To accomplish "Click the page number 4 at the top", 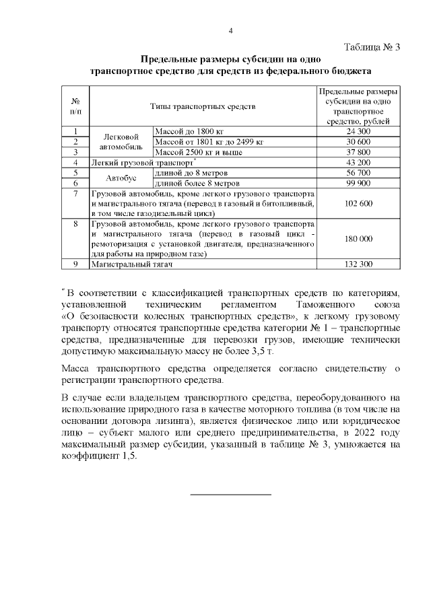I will click(231, 31).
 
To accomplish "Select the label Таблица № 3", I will click(372, 47).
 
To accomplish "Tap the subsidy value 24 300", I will click(358, 132).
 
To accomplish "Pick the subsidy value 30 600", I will click(358, 142).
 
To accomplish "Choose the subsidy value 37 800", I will click(358, 152).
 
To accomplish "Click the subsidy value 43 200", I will click(358, 163).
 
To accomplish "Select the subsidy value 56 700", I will click(358, 173).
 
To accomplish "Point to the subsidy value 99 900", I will click(358, 183).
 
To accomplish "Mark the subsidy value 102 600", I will click(358, 203).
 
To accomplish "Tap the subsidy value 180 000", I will click(358, 239).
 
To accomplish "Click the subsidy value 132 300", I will click(358, 264).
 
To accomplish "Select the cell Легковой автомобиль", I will click(121, 142).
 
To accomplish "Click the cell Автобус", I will click(121, 178).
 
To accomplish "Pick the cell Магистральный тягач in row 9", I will click(132, 264).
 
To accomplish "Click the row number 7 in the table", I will click(75, 194).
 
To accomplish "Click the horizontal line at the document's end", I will click(231, 495).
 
